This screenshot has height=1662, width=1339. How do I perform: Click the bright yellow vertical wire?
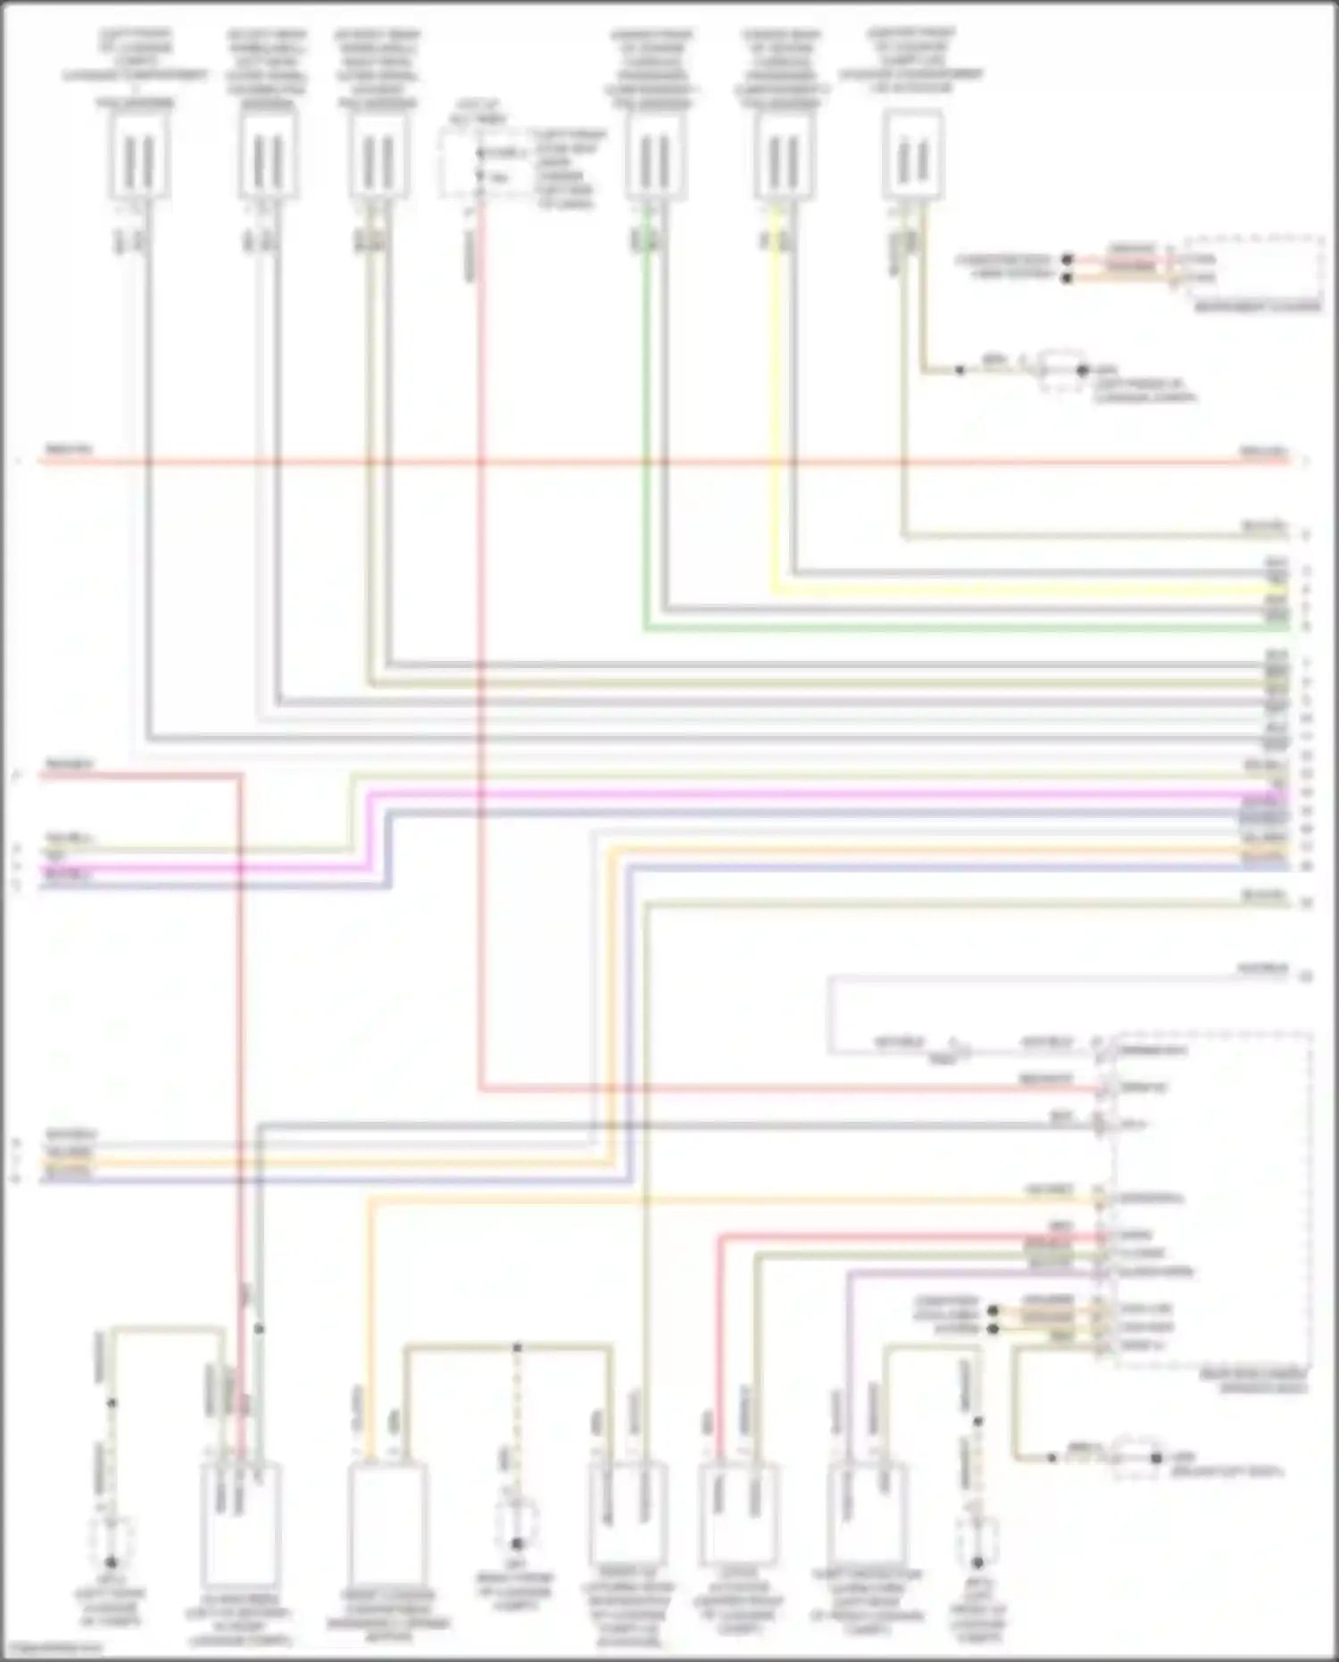775,402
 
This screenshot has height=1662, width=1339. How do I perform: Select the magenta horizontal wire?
803,794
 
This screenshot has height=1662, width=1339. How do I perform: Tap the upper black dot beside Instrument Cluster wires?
1066,260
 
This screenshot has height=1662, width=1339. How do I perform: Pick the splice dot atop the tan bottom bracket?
516,1347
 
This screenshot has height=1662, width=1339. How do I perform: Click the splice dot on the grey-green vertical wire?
259,1329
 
